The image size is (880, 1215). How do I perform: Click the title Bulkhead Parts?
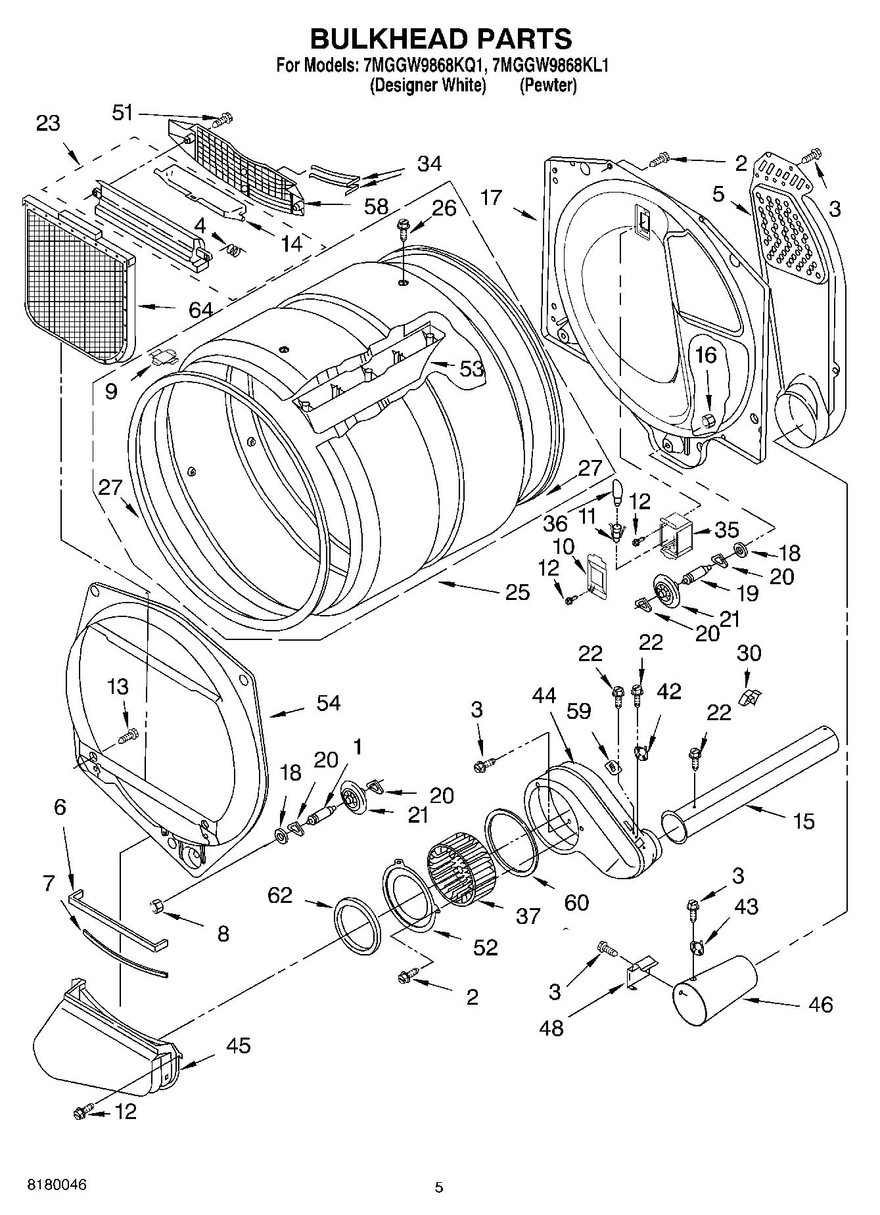coord(440,39)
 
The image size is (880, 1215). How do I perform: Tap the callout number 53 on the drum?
coord(471,369)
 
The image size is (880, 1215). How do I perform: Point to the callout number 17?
coord(490,197)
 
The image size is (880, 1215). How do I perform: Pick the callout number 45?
coord(237,1045)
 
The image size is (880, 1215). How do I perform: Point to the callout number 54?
coord(328,702)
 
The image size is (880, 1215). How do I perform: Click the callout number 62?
coord(280,895)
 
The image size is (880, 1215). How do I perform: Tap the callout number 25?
coord(517,592)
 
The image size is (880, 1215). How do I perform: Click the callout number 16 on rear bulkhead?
coord(706,355)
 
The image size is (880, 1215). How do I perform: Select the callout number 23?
coord(48,123)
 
